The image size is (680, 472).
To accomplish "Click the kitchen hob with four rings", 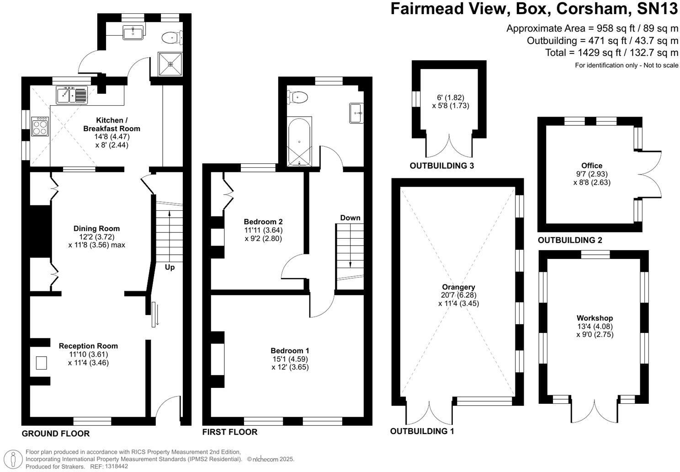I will [39, 127].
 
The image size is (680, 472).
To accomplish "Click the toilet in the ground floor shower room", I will [173, 37].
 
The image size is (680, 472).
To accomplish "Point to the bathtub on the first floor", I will [299, 141].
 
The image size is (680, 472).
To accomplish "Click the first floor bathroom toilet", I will [297, 97].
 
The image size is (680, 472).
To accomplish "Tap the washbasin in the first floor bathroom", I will [356, 113].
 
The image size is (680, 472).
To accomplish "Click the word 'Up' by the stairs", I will [170, 267].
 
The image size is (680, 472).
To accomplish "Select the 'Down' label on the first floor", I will [350, 218].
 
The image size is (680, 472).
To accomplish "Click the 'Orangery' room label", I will [458, 287].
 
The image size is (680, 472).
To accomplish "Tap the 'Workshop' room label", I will [595, 318].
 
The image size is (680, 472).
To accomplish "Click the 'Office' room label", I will [592, 166].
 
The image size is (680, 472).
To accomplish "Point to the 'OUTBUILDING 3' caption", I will [441, 166].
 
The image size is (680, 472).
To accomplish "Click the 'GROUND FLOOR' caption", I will [56, 434].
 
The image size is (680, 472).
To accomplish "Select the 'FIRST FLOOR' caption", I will [230, 432].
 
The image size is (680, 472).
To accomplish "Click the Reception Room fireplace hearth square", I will [42, 363].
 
